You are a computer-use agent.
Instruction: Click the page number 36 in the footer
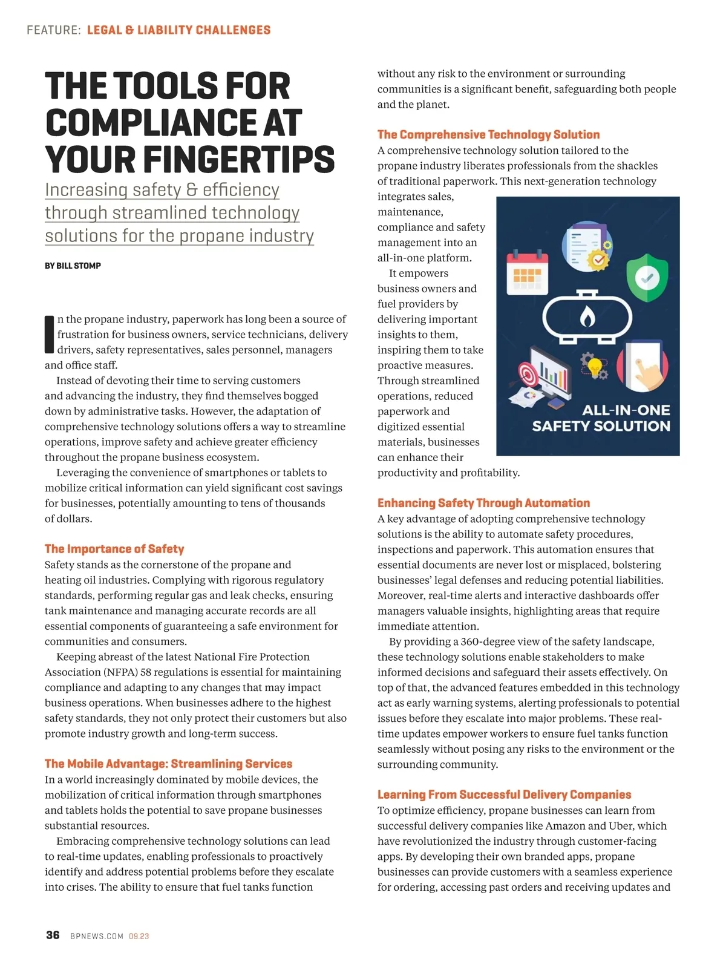point(53,935)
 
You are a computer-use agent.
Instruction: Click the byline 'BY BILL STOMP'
point(73,266)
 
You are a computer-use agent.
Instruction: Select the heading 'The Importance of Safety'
point(114,549)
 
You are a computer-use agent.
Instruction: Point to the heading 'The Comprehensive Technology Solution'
point(488,134)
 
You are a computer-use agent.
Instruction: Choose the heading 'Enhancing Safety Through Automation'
point(483,503)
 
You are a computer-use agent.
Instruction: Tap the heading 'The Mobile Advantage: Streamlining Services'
point(168,764)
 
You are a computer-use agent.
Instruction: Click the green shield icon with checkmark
point(647,277)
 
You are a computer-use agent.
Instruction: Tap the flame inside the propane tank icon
point(587,316)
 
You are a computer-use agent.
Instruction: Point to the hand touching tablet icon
point(643,367)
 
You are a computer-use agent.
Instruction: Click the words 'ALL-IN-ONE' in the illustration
point(626,410)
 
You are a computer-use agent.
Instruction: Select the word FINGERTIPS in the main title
point(238,160)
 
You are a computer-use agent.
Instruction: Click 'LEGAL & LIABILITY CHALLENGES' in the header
point(178,30)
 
